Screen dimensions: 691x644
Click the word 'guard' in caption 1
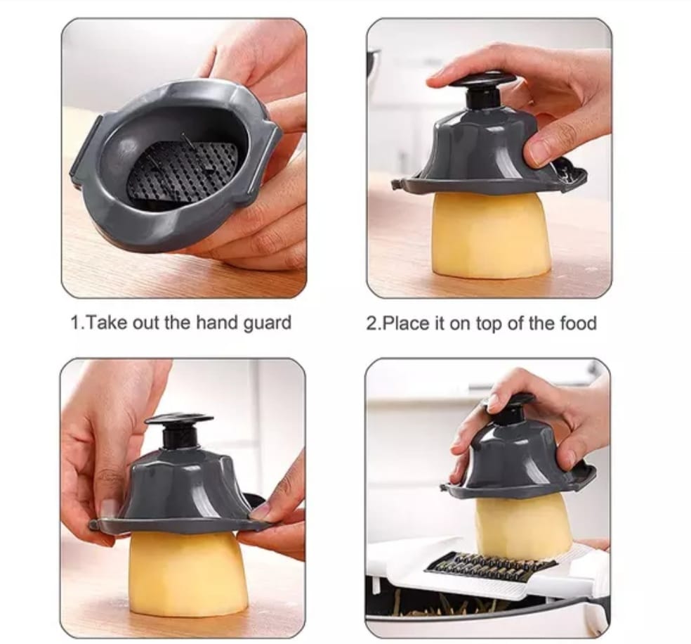pos(267,323)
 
